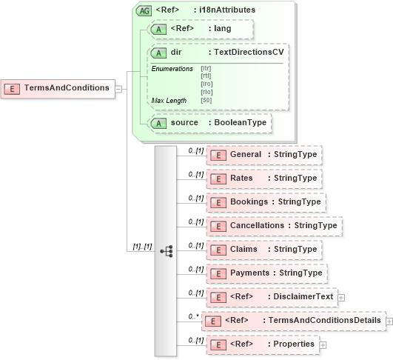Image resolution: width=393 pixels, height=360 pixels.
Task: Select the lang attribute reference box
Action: [x=201, y=29]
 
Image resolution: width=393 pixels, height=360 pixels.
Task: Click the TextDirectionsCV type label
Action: [x=247, y=53]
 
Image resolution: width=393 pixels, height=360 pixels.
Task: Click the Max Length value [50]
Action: [x=206, y=100]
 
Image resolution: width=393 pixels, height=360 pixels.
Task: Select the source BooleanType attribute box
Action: [x=209, y=122]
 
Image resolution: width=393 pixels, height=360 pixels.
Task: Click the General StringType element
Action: [x=263, y=154]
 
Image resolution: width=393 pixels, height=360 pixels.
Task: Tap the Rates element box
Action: [x=263, y=178]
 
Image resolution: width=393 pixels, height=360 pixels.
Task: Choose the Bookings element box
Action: [x=266, y=201]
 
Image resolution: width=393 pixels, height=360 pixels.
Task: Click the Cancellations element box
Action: [x=273, y=225]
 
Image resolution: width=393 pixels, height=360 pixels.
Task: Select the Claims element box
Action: [x=263, y=249]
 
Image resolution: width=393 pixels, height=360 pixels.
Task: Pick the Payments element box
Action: [x=266, y=273]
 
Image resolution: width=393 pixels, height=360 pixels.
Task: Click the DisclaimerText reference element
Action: [x=271, y=297]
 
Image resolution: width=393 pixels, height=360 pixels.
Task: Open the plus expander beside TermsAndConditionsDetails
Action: [x=389, y=321]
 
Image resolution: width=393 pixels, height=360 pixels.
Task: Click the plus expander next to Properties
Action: [x=323, y=344]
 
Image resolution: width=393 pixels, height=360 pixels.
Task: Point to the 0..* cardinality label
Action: [x=193, y=316]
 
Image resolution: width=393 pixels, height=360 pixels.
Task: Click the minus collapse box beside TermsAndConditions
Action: [x=119, y=89]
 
